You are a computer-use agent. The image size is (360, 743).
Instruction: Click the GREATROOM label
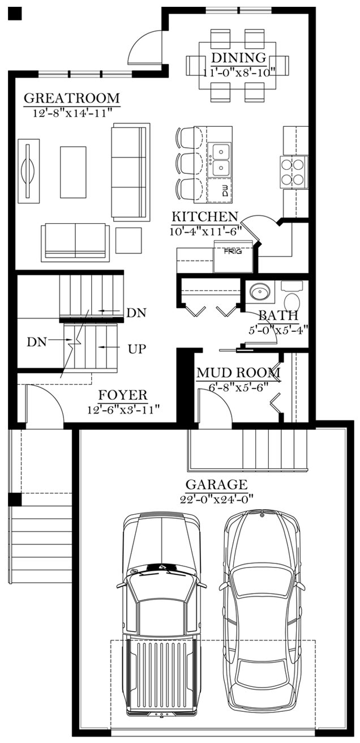[x=71, y=98]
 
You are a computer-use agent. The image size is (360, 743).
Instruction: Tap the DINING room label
[x=239, y=58]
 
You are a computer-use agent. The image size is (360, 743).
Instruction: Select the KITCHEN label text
[x=205, y=216]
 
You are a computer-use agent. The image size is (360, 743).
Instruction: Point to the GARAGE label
[x=216, y=485]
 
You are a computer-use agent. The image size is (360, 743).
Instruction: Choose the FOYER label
[x=123, y=395]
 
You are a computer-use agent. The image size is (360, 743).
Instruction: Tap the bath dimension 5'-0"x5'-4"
[x=279, y=330]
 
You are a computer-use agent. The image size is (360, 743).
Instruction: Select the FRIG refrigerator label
[x=233, y=251]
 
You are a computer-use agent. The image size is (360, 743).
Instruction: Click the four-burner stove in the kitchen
[x=295, y=172]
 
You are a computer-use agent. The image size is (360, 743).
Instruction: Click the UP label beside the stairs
[x=137, y=349]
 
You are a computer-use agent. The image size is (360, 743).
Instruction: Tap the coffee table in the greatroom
[x=73, y=172]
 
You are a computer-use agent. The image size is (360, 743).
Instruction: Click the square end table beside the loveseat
[x=128, y=240]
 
